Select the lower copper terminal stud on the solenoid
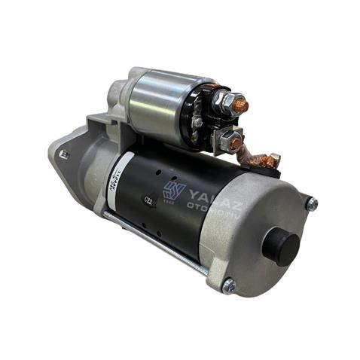click(x=235, y=142)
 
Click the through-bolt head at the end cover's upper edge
click(x=311, y=203)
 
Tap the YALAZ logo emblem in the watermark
click(x=173, y=191)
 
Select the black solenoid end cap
click(x=202, y=117)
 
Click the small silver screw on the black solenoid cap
click(x=197, y=122)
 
